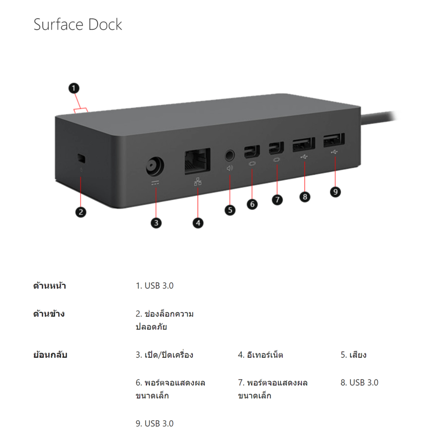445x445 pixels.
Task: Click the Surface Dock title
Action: [x=78, y=24]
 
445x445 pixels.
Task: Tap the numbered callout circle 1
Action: [x=74, y=88]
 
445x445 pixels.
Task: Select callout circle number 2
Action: [x=81, y=212]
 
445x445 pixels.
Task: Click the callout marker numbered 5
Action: [x=230, y=210]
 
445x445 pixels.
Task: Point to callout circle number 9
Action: [x=335, y=192]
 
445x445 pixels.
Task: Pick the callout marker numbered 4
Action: [x=198, y=223]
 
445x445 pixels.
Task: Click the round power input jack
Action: [x=155, y=166]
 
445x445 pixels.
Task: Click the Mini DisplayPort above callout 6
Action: [x=252, y=152]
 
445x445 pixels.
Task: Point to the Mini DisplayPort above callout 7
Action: [x=276, y=148]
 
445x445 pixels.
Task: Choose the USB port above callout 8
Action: [x=304, y=144]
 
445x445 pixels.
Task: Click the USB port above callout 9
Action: [x=334, y=140]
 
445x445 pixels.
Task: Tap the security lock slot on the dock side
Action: [x=81, y=158]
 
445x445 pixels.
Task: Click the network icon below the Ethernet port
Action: [x=198, y=182]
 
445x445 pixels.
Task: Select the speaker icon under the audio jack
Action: [x=229, y=168]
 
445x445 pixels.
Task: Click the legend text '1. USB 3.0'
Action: [x=155, y=286]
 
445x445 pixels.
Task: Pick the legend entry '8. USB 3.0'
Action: [x=359, y=382]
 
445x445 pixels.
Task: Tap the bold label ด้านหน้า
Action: [x=50, y=285]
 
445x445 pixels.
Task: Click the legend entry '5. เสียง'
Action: [x=354, y=355]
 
